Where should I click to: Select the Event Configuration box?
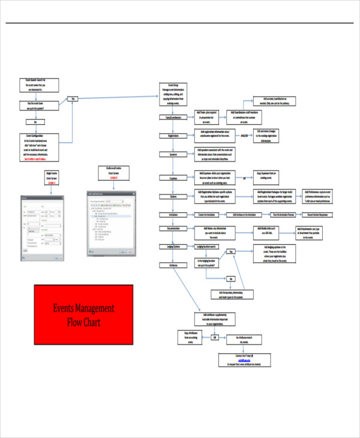pos(40,148)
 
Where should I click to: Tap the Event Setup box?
pos(175,97)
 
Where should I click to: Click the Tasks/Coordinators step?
pos(173,118)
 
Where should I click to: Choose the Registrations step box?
pos(173,136)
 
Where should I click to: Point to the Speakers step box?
pos(173,154)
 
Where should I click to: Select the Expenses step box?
pos(173,178)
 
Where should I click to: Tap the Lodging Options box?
pos(173,247)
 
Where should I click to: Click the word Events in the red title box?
pos(67,309)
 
